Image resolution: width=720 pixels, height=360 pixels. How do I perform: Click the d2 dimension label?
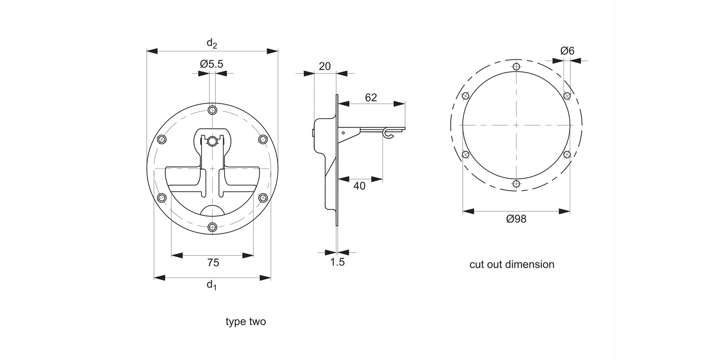pos(212,43)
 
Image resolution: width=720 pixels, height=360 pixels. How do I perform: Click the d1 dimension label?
pos(212,285)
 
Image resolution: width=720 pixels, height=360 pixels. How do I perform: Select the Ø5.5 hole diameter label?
pos(212,64)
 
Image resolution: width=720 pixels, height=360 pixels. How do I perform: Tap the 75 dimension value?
pos(213,263)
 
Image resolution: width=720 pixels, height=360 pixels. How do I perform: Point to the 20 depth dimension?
pos(325,66)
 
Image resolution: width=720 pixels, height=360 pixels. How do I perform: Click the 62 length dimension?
pos(371,97)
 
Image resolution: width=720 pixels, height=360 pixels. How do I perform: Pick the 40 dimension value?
pos(359,186)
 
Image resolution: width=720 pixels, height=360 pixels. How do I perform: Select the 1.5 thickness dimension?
pos(337,262)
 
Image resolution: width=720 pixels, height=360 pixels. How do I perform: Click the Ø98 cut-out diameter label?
pos(516,219)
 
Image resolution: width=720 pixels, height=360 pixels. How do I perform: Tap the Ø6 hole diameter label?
pos(567,51)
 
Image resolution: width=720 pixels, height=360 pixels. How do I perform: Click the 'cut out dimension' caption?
pos(512,264)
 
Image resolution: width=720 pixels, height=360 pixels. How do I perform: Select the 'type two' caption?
pos(246,322)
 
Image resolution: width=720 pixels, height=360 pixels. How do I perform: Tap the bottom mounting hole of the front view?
pos(213,227)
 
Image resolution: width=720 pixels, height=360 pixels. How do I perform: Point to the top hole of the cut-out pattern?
pos(516,66)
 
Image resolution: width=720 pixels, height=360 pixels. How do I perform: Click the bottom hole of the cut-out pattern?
pos(516,183)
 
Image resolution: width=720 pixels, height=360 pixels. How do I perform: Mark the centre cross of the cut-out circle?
pos(516,125)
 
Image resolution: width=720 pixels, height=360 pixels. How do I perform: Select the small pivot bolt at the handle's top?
pos(212,141)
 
